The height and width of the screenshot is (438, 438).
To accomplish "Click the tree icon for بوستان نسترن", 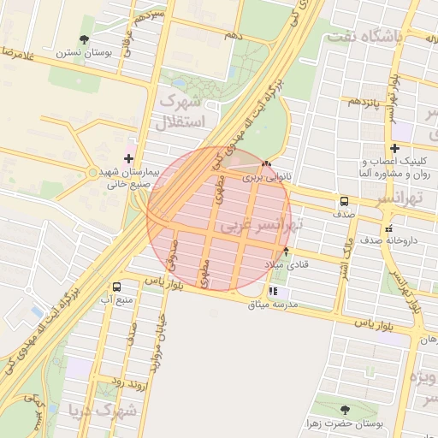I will coord(83,39).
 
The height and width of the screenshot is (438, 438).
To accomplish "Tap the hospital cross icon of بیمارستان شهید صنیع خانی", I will coord(128,158).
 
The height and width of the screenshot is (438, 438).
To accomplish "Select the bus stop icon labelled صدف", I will coord(344,202).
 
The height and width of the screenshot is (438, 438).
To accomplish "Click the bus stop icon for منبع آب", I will coord(116,287).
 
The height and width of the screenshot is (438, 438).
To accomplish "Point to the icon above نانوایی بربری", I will coord(266,165).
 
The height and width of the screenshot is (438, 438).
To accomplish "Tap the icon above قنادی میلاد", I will coord(286,251).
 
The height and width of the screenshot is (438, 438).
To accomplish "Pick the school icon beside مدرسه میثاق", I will coord(272,292).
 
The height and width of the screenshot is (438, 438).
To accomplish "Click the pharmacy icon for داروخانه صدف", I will coord(389,228).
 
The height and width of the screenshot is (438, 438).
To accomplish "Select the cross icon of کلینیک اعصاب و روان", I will coord(394,149).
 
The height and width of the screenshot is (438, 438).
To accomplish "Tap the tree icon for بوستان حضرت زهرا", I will coord(345,410).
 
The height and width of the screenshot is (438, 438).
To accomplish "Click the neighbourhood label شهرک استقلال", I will coord(181,111).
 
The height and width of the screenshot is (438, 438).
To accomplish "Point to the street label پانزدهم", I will coord(364,102).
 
